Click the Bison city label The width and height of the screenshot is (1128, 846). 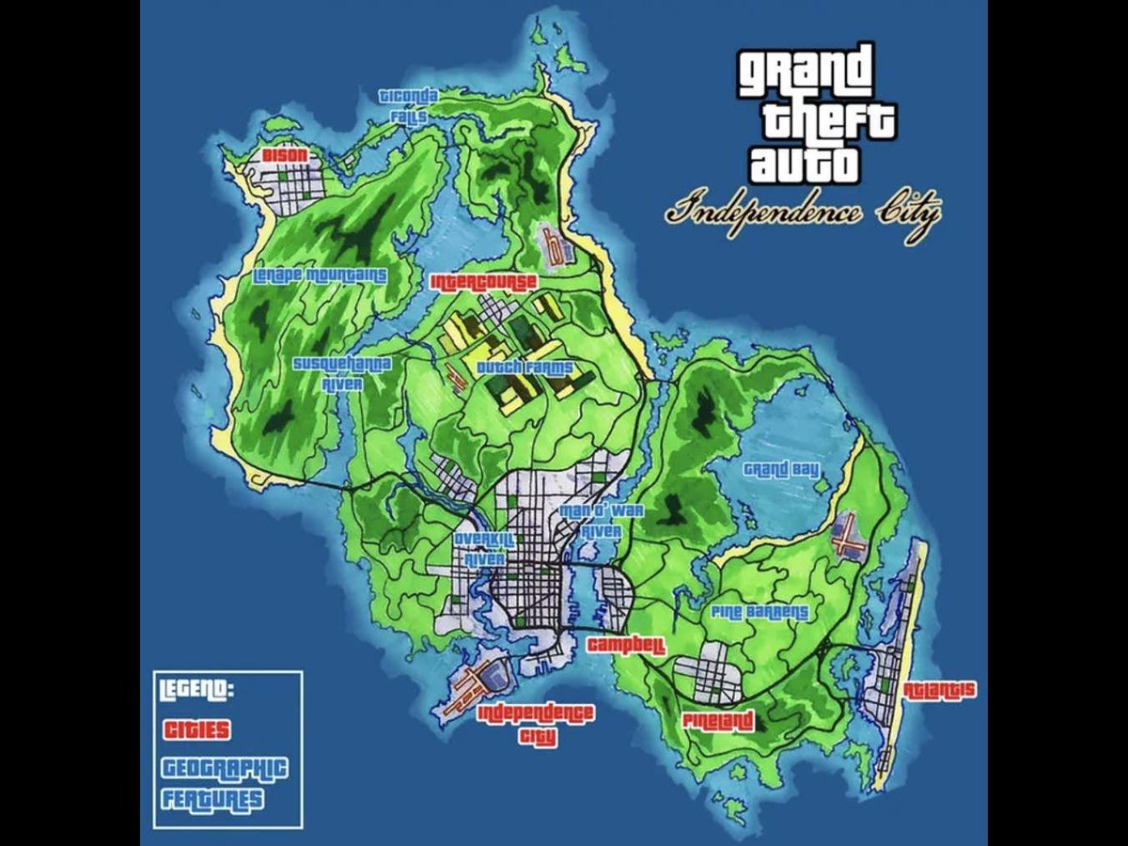point(279,154)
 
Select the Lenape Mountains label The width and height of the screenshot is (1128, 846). point(321,275)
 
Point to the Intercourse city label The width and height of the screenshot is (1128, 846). point(483,282)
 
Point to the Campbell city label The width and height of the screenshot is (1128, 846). point(626,646)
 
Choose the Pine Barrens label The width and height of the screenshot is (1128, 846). point(760,612)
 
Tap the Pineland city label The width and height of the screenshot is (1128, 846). point(718,722)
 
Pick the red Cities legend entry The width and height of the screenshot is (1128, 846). point(197,729)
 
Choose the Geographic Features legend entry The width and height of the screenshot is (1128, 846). point(225,783)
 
